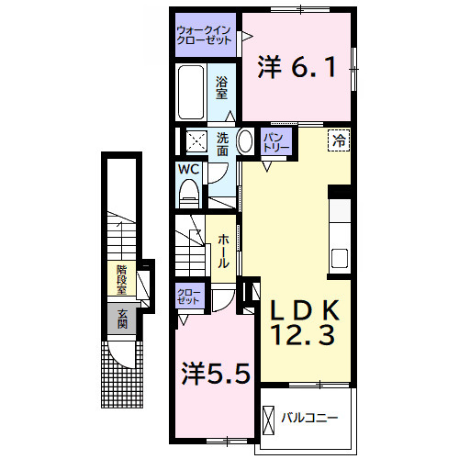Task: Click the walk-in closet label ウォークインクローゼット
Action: click(204, 35)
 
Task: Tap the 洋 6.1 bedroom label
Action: click(297, 67)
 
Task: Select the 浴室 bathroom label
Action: click(221, 87)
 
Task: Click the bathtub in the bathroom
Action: click(191, 92)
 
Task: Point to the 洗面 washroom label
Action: click(222, 144)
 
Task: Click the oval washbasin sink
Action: click(245, 141)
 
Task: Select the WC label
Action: click(189, 169)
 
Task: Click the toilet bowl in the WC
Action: click(189, 193)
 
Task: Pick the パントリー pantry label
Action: click(276, 141)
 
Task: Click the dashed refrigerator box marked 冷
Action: click(339, 140)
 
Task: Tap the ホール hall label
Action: click(223, 252)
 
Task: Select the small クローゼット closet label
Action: click(188, 297)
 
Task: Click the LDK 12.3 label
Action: click(305, 323)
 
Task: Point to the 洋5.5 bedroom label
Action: click(216, 374)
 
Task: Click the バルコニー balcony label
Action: click(309, 418)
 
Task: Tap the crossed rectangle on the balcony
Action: click(269, 420)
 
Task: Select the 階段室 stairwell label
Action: click(121, 280)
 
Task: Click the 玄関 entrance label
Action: click(122, 319)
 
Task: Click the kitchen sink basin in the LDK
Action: click(340, 258)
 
